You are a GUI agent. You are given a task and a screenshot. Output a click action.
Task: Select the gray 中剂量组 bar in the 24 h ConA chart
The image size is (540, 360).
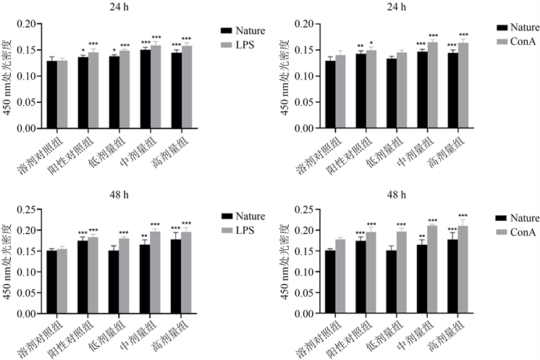pyautogui.click(x=433, y=85)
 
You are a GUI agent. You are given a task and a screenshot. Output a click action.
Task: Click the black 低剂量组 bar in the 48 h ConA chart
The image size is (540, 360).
pyautogui.click(x=392, y=282)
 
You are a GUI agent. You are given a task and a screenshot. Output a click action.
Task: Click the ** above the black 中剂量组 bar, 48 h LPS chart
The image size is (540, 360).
pyautogui.click(x=145, y=236)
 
